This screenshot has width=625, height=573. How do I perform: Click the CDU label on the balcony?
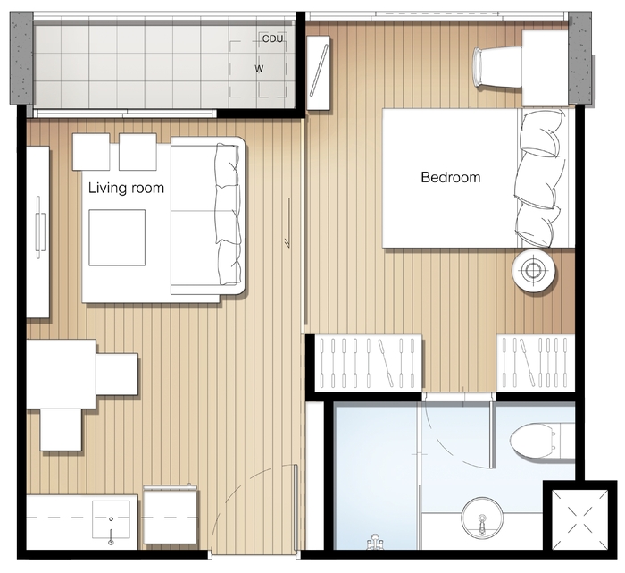pyautogui.click(x=272, y=38)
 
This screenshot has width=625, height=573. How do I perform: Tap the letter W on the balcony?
pyautogui.click(x=259, y=69)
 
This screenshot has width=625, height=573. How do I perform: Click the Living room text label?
pyautogui.click(x=126, y=188)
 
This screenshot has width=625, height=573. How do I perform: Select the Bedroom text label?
pyautogui.click(x=451, y=177)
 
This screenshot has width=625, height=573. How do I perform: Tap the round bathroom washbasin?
pyautogui.click(x=482, y=518)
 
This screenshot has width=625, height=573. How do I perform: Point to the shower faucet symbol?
pyautogui.click(x=374, y=542)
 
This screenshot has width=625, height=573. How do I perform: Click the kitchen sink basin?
pyautogui.click(x=112, y=519)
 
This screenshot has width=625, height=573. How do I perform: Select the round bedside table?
pyautogui.click(x=534, y=271)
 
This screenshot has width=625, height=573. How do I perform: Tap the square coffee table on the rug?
pyautogui.click(x=117, y=238)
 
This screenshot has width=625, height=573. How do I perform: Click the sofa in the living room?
pyautogui.click(x=208, y=216)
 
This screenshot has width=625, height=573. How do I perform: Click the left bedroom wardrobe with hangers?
pyautogui.click(x=368, y=363)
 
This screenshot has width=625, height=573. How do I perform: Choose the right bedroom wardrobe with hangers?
pyautogui.click(x=536, y=363)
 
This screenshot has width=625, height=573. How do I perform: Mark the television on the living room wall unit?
pyautogui.click(x=39, y=227)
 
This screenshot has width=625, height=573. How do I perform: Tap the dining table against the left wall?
pyautogui.click(x=61, y=374)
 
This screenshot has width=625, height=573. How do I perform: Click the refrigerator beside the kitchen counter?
pyautogui.click(x=171, y=515)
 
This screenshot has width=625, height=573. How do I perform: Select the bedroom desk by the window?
pyautogui.click(x=545, y=68)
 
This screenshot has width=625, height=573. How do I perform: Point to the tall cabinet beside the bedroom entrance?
pyautogui.click(x=319, y=72)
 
